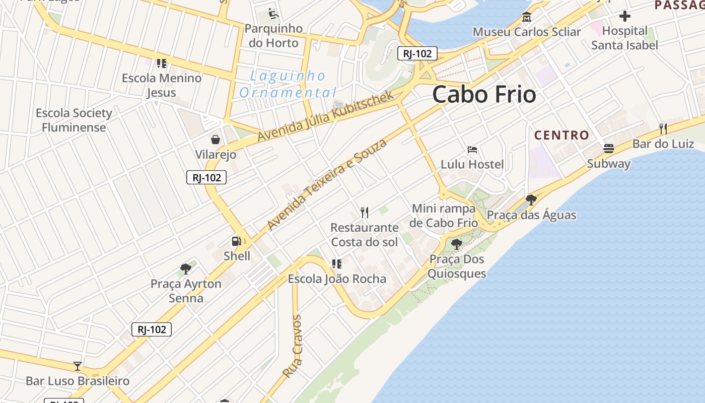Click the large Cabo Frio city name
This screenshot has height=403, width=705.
[x=484, y=94]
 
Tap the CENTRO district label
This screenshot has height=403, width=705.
[x=561, y=135]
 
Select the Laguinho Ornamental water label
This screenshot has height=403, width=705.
[x=288, y=84]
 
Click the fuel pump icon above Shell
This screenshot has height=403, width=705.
[x=236, y=241]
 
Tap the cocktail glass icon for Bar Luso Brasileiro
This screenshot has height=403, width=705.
[x=78, y=366]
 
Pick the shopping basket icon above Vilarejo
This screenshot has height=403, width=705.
[x=216, y=140]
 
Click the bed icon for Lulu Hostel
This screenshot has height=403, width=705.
[x=472, y=150]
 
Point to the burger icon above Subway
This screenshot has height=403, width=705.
[x=609, y=149]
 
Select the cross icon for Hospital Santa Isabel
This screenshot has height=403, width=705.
[x=625, y=16]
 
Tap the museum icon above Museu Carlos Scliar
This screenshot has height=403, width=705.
[x=527, y=17]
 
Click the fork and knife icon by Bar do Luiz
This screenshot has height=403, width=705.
[x=663, y=129]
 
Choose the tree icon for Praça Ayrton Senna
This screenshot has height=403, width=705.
[x=186, y=268]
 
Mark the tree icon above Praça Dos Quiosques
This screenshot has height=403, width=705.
[x=457, y=245]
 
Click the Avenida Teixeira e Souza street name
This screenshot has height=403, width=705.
[x=327, y=184]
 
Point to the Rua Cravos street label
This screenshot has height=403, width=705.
[x=292, y=347]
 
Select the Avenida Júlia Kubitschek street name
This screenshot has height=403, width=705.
[x=325, y=116]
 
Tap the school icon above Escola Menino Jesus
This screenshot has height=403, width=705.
[x=162, y=63]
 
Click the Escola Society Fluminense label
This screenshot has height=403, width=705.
[x=74, y=120]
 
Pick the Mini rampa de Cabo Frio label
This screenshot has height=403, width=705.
[x=444, y=216]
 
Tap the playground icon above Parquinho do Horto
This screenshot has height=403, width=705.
[x=273, y=13]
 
